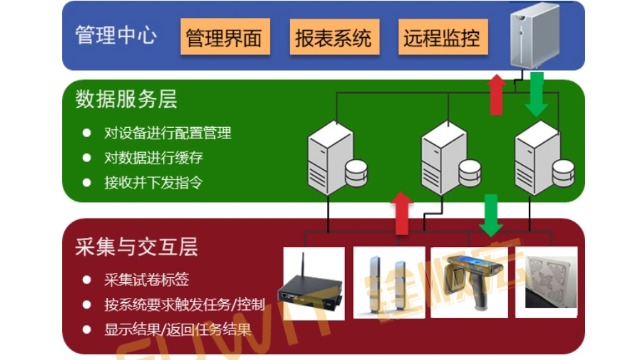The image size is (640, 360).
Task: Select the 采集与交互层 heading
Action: pyautogui.click(x=136, y=245)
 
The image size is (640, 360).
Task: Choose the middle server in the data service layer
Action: pyautogui.click(x=445, y=155)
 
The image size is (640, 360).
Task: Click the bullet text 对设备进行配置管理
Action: pyautogui.click(x=168, y=132)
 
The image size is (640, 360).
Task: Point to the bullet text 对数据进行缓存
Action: pyautogui.click(x=154, y=158)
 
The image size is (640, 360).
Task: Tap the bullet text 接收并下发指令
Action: pyautogui.click(x=154, y=183)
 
